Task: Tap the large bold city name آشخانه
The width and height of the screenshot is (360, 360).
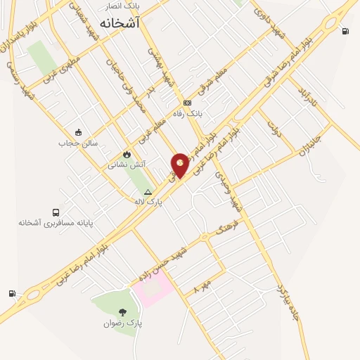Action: [120, 23]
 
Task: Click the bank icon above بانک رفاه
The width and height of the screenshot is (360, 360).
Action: [188, 103]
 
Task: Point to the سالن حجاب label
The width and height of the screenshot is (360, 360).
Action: [77, 143]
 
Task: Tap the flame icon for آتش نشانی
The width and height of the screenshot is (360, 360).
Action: [127, 155]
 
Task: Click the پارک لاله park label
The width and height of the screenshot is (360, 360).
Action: [148, 201]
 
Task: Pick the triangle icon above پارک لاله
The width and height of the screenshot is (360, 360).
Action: [148, 191]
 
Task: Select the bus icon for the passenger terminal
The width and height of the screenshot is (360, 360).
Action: [56, 212]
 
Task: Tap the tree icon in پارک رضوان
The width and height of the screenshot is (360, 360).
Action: [124, 312]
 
